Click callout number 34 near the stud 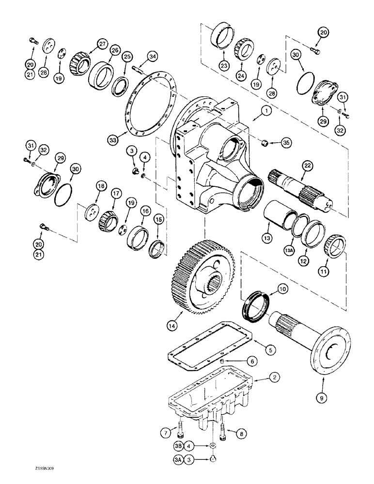click(152, 58)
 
